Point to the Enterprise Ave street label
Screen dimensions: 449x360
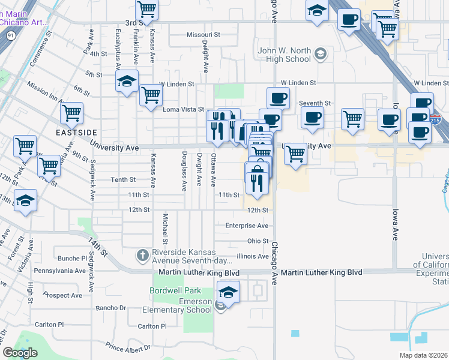247,226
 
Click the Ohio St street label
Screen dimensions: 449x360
258,241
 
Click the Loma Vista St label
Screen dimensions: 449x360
184,109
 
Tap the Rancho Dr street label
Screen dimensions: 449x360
111,308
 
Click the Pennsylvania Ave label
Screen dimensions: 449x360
60,271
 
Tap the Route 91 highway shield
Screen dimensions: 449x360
11,36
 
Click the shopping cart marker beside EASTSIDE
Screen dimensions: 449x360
71,113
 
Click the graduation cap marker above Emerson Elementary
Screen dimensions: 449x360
228,293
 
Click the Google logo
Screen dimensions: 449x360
20,353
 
